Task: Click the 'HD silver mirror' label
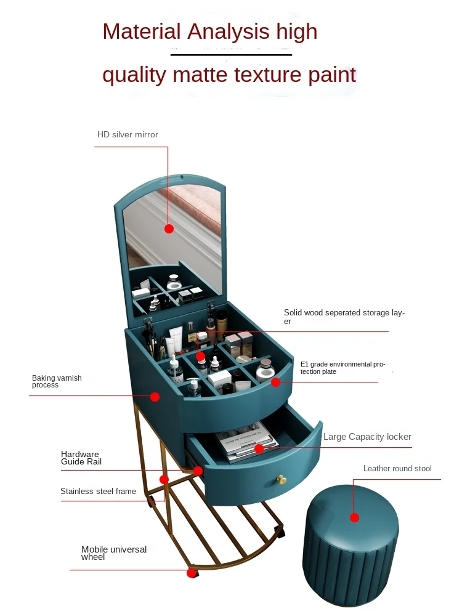tap(128, 134)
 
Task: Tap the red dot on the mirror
tap(169, 229)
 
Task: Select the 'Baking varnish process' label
tap(57, 381)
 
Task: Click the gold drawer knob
tap(281, 479)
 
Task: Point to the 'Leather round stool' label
tap(397, 469)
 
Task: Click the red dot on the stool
tap(354, 517)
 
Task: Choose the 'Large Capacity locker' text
tap(367, 437)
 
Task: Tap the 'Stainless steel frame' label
tap(98, 492)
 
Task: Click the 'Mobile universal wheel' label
tap(114, 553)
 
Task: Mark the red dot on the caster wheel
tap(191, 573)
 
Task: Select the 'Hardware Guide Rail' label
tap(81, 458)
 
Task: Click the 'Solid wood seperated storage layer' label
tap(344, 317)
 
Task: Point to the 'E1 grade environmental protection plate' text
tap(342, 368)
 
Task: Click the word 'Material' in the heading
tap(142, 31)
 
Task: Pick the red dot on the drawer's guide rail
tap(198, 471)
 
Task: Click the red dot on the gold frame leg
tap(164, 479)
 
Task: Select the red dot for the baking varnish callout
tap(155, 397)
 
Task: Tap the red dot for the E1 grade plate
tap(275, 382)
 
